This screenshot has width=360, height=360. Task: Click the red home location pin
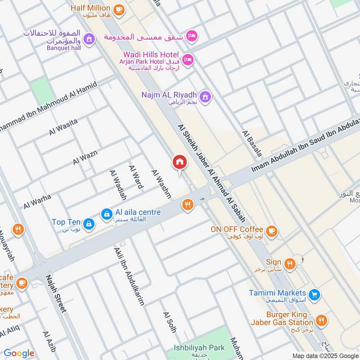(179, 162)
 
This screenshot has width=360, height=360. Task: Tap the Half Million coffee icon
(118, 9)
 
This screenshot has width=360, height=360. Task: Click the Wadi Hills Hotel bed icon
(188, 59)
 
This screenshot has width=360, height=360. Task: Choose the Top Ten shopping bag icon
(89, 223)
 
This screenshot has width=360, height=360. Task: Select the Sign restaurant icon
(290, 264)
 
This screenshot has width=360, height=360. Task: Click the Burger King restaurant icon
(321, 320)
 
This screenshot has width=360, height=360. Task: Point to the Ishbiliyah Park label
(199, 348)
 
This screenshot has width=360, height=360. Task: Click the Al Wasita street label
(63, 127)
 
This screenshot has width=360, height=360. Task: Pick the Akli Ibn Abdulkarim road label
(129, 276)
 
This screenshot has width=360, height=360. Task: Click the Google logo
(18, 353)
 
